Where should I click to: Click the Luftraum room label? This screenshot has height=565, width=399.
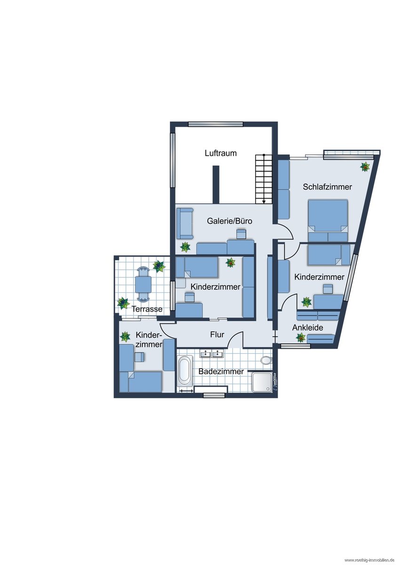pos(221,153)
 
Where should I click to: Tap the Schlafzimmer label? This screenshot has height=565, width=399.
pos(327,187)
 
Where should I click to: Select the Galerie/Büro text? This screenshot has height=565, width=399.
pos(229,221)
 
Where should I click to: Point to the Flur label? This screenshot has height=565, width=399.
pos(217,334)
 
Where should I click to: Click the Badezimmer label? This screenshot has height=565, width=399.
pos(221,371)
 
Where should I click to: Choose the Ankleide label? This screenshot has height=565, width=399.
pos(308,328)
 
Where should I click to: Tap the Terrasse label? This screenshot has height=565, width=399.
pos(147,309)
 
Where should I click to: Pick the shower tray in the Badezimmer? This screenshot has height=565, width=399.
pos(262,383)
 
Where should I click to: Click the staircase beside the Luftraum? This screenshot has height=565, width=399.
pos(263,179)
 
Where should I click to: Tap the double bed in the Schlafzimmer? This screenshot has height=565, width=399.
pos(328,220)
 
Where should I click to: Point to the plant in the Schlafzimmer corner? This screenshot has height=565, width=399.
pos(365,167)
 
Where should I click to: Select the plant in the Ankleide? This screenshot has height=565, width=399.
pos(301,338)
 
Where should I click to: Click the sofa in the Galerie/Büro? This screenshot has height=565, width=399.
pos(185,224)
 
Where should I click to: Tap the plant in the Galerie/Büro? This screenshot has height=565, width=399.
pos(185,247)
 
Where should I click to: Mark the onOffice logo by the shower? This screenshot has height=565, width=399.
pos(274,383)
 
